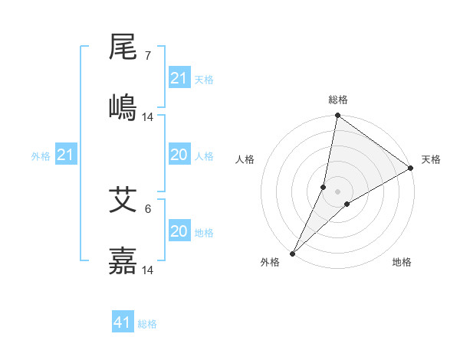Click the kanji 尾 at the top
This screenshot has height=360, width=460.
(x=123, y=48)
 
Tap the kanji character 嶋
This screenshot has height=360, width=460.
(x=123, y=106)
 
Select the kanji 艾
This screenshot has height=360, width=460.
(x=123, y=201)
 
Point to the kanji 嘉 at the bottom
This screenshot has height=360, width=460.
(x=123, y=260)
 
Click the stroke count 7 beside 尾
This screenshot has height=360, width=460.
(x=147, y=56)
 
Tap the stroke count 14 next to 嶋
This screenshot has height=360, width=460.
(x=148, y=116)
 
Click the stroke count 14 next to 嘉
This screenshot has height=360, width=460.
(x=148, y=270)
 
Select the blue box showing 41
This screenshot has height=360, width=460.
(x=123, y=322)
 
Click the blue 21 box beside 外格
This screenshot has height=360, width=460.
(x=66, y=155)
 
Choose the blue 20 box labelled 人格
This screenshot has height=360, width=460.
(x=179, y=155)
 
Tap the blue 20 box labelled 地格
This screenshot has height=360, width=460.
(x=179, y=231)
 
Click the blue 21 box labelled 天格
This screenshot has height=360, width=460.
(x=179, y=78)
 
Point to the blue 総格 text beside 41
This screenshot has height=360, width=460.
(x=147, y=324)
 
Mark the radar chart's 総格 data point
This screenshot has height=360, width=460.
(x=337, y=116)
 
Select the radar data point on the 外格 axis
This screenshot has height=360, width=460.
(x=292, y=253)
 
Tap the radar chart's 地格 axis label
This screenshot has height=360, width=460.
(x=402, y=262)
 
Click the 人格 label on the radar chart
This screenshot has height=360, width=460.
(x=245, y=159)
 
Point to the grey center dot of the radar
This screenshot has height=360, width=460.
(x=337, y=191)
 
